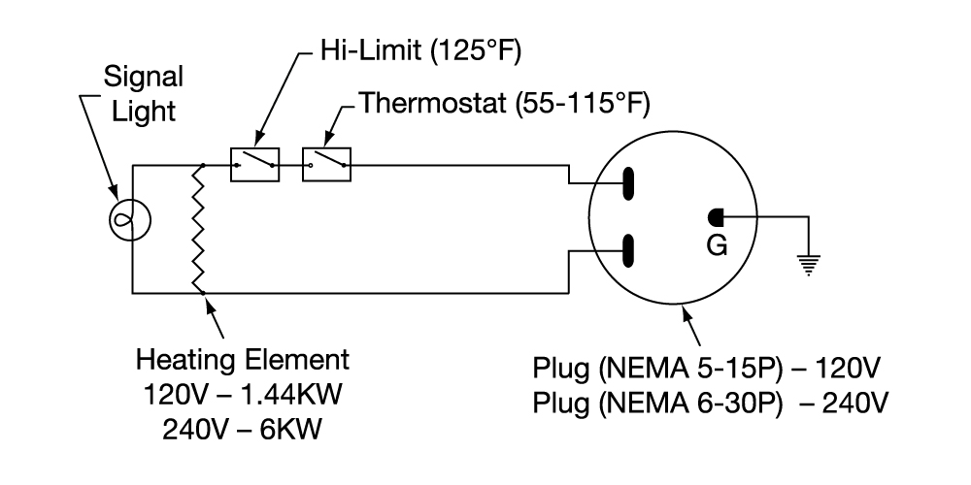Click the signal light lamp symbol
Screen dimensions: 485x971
click(130, 220)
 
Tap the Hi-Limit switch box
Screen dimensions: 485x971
click(255, 166)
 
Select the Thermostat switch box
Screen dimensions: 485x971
click(327, 166)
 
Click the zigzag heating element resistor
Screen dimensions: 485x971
click(199, 228)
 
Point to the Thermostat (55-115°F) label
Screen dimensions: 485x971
click(505, 102)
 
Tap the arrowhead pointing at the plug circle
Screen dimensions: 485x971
click(685, 308)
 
